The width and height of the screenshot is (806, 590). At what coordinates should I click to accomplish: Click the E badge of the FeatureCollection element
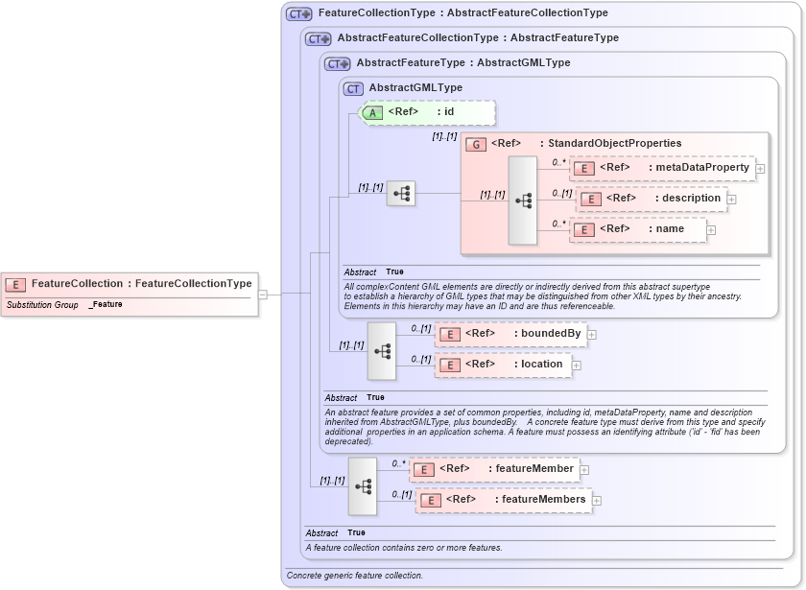pyautogui.click(x=16, y=284)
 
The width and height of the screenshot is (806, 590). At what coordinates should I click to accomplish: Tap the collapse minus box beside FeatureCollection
pyautogui.click(x=263, y=295)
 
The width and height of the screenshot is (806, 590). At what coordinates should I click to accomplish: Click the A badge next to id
pyautogui.click(x=371, y=112)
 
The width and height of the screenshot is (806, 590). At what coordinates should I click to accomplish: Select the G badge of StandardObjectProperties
pyautogui.click(x=476, y=144)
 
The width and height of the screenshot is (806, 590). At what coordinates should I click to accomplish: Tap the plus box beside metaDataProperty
pyautogui.click(x=760, y=169)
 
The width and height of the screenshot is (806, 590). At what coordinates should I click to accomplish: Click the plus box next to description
pyautogui.click(x=731, y=200)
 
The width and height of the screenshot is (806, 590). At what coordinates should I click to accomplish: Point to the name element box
pyautogui.click(x=638, y=229)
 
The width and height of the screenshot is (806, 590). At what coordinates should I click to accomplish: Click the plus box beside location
pyautogui.click(x=577, y=365)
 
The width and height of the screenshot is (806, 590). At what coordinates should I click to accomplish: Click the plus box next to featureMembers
pyautogui.click(x=596, y=500)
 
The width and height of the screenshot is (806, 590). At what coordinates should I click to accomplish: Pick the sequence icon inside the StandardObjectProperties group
pyautogui.click(x=523, y=201)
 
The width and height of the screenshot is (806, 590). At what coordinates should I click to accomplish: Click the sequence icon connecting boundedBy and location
pyautogui.click(x=382, y=351)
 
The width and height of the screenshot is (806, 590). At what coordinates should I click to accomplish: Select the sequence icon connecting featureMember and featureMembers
pyautogui.click(x=363, y=485)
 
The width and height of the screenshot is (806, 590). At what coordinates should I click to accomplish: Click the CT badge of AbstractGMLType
pyautogui.click(x=353, y=88)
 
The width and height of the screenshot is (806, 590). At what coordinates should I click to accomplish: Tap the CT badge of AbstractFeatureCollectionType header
pyautogui.click(x=318, y=38)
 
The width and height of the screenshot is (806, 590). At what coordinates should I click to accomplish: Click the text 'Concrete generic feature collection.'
pyautogui.click(x=355, y=576)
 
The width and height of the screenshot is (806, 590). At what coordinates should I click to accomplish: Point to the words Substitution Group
pyautogui.click(x=42, y=304)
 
